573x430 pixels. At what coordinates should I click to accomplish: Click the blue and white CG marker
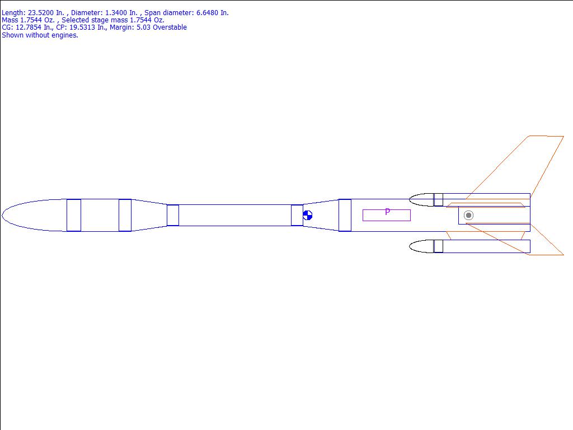(x=308, y=216)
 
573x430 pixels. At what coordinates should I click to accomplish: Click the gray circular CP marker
(x=468, y=216)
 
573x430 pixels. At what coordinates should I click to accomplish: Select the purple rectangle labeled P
(x=387, y=216)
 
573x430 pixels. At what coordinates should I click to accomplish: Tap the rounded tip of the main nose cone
(x=2, y=216)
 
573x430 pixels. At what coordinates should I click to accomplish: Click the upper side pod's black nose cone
(x=421, y=200)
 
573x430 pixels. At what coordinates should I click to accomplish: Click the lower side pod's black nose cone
(x=421, y=246)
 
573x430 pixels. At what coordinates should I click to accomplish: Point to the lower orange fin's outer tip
(x=563, y=255)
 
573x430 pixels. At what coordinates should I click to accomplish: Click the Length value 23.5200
(x=41, y=13)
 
